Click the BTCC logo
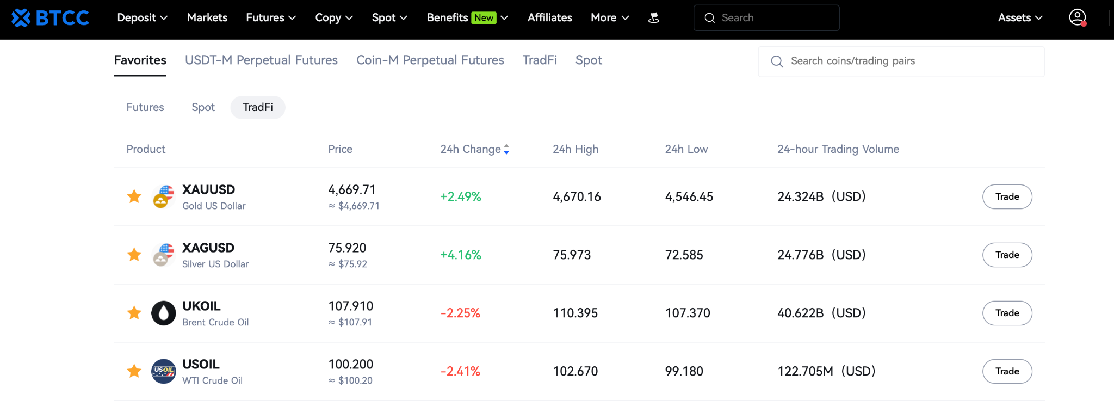[x=50, y=18]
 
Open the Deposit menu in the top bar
[x=142, y=17]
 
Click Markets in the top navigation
[x=207, y=17]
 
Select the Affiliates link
[x=549, y=17]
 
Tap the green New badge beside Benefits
[x=484, y=17]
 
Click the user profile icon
[x=1078, y=17]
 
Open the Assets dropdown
[x=1020, y=17]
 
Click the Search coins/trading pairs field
[x=901, y=61]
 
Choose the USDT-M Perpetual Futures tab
[x=261, y=60]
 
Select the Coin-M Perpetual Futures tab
[x=430, y=60]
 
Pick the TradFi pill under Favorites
[x=258, y=107]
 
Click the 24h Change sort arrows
[x=506, y=149]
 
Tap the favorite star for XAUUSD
[x=134, y=196]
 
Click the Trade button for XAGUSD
[x=1007, y=255]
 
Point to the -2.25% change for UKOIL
[x=460, y=313]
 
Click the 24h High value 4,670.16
[x=577, y=196]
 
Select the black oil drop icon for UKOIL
[x=163, y=313]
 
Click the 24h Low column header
[x=686, y=149]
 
